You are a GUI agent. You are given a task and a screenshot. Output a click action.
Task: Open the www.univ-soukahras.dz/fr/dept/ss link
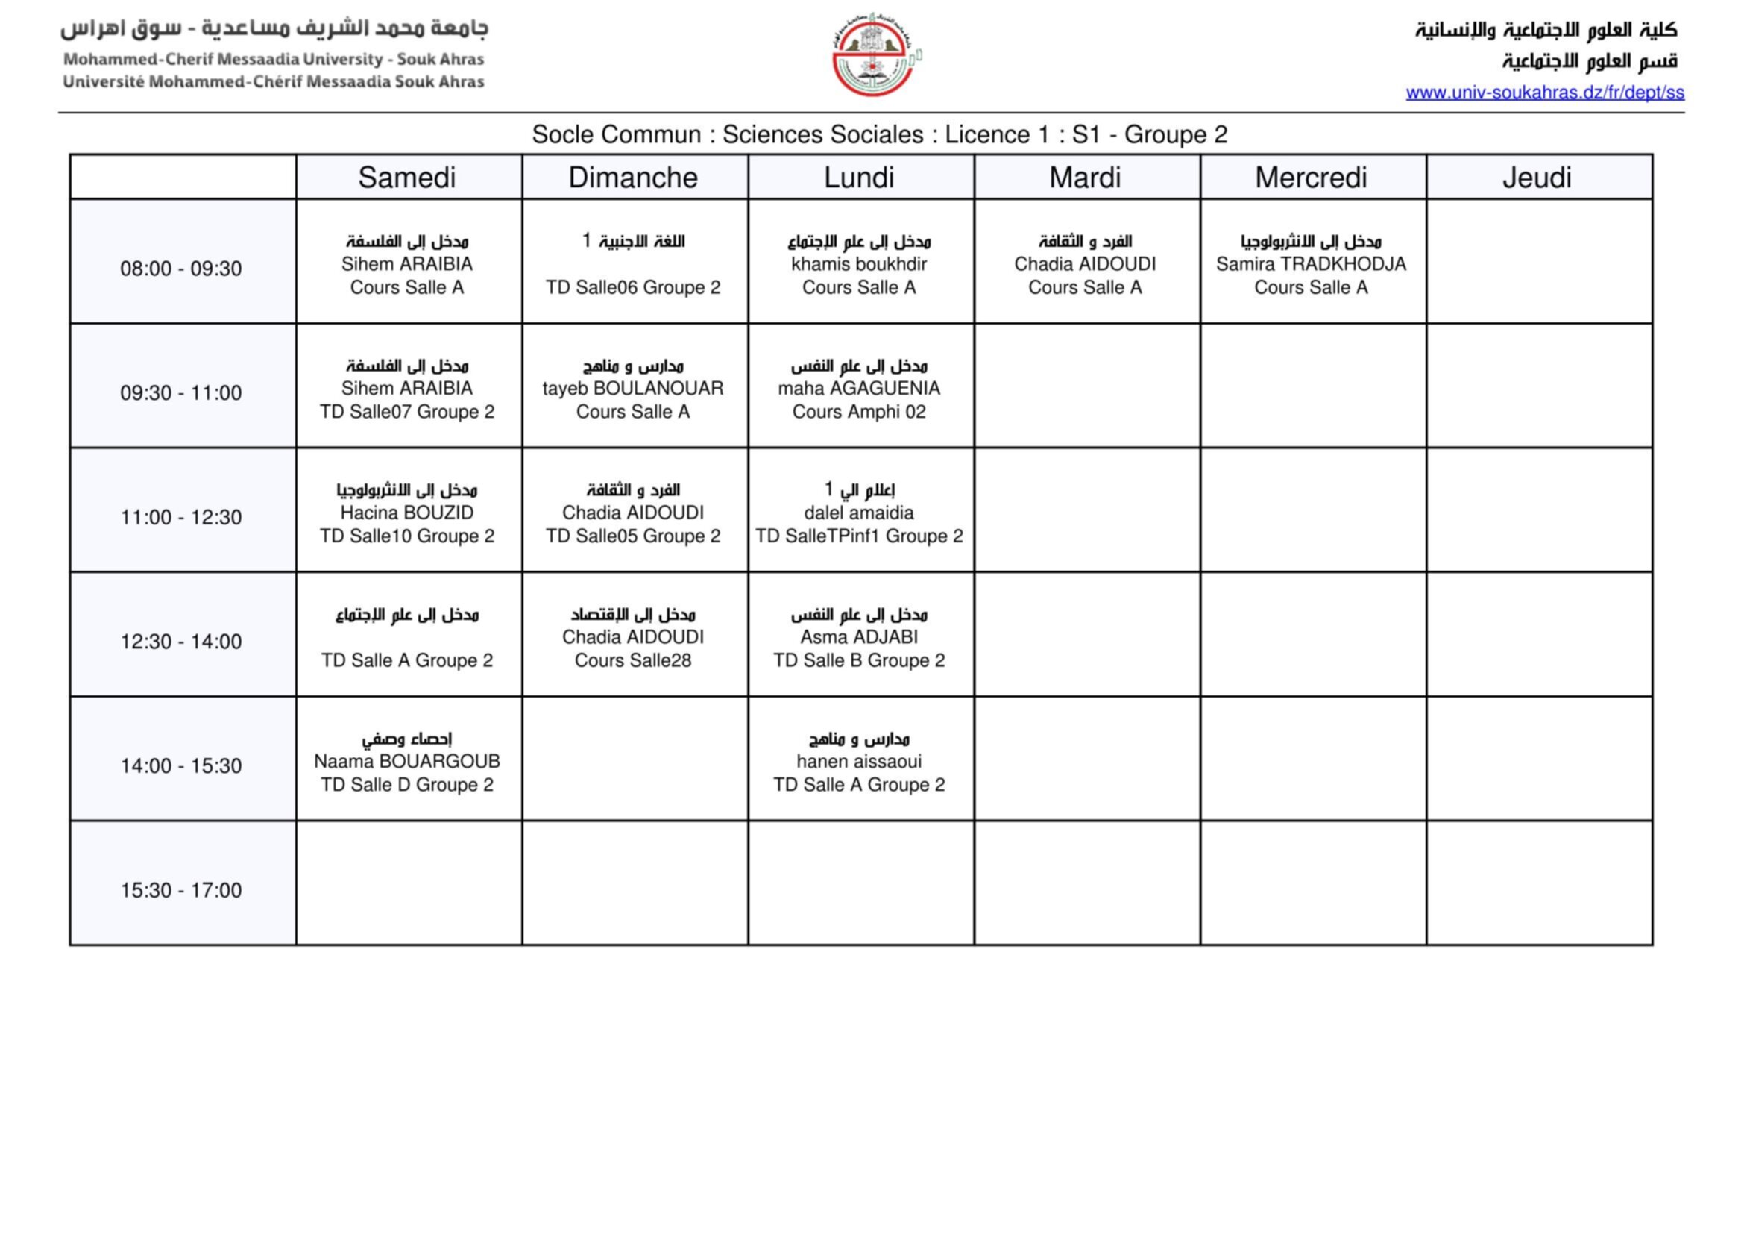tap(1544, 93)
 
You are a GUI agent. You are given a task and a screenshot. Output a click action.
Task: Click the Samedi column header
tap(407, 178)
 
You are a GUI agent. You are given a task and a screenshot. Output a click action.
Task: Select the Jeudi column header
tap(1537, 178)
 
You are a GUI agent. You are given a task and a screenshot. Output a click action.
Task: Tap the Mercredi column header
tap(1310, 178)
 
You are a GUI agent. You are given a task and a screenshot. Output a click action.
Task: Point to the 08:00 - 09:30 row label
tap(180, 269)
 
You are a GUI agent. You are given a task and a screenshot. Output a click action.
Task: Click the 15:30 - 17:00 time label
tap(180, 890)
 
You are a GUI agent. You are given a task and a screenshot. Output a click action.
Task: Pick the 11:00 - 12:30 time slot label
tap(180, 518)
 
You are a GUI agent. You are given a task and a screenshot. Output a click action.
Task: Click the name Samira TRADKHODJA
tap(1310, 263)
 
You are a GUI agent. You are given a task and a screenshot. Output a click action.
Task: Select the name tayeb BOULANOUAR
tap(633, 388)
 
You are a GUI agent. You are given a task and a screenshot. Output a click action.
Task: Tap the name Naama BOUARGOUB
tap(407, 762)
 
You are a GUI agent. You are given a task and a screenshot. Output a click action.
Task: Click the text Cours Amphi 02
tap(859, 412)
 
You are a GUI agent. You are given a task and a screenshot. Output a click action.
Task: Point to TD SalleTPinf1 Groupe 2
tap(859, 536)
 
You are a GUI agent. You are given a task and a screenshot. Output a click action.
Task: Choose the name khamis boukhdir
tap(859, 263)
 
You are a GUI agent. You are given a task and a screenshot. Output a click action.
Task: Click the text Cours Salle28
tap(633, 660)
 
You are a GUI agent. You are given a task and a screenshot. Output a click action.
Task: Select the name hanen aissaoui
tap(859, 762)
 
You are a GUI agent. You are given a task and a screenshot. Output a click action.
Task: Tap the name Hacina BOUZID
tap(407, 513)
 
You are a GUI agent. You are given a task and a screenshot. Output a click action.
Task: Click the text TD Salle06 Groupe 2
tap(633, 287)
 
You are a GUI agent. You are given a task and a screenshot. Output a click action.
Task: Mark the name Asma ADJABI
tap(859, 636)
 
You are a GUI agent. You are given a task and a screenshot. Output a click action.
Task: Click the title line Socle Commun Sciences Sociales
tap(879, 134)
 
